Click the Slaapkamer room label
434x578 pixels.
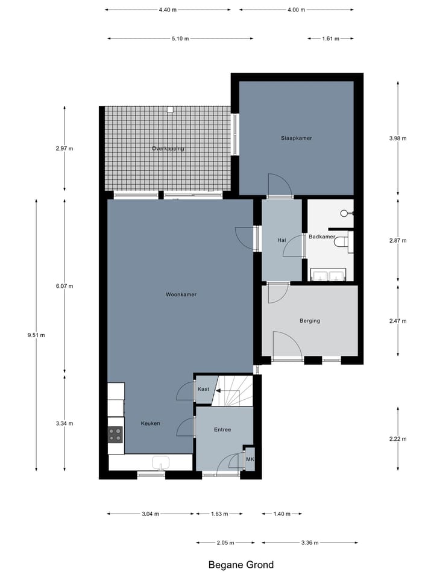(296, 138)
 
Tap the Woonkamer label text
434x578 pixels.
(181, 294)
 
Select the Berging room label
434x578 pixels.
(310, 321)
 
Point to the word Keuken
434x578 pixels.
(151, 423)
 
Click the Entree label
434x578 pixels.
(222, 429)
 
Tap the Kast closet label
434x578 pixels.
(203, 389)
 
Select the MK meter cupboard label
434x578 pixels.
(250, 459)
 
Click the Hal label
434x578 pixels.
(281, 240)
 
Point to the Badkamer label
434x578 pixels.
(321, 237)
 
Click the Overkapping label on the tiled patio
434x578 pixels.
(168, 148)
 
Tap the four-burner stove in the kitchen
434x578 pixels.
(115, 434)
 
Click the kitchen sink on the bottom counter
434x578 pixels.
(161, 462)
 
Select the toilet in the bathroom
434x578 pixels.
(342, 242)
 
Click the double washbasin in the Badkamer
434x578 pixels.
(328, 276)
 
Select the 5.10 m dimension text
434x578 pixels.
(180, 39)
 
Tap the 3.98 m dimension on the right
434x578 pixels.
(398, 138)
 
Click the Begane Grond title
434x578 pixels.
(241, 565)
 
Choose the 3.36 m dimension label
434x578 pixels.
(310, 542)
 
